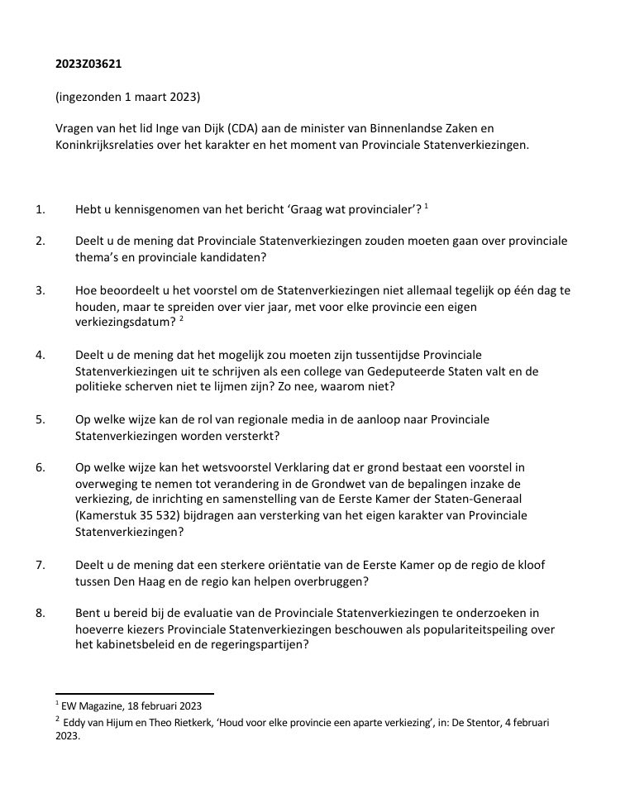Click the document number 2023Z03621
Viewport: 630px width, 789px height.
click(x=90, y=63)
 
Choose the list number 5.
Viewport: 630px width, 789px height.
click(x=40, y=419)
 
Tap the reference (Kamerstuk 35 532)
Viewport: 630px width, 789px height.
click(x=131, y=515)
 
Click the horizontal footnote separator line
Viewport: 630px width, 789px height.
click(x=134, y=694)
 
